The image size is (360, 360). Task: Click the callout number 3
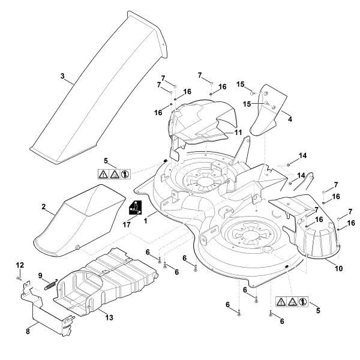point(62,76)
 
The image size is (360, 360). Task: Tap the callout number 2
point(44,207)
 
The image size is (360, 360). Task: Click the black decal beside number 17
point(136,208)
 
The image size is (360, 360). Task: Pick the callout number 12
point(19,265)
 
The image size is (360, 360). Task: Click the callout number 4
point(290,119)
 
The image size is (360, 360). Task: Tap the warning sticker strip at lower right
point(291,300)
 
